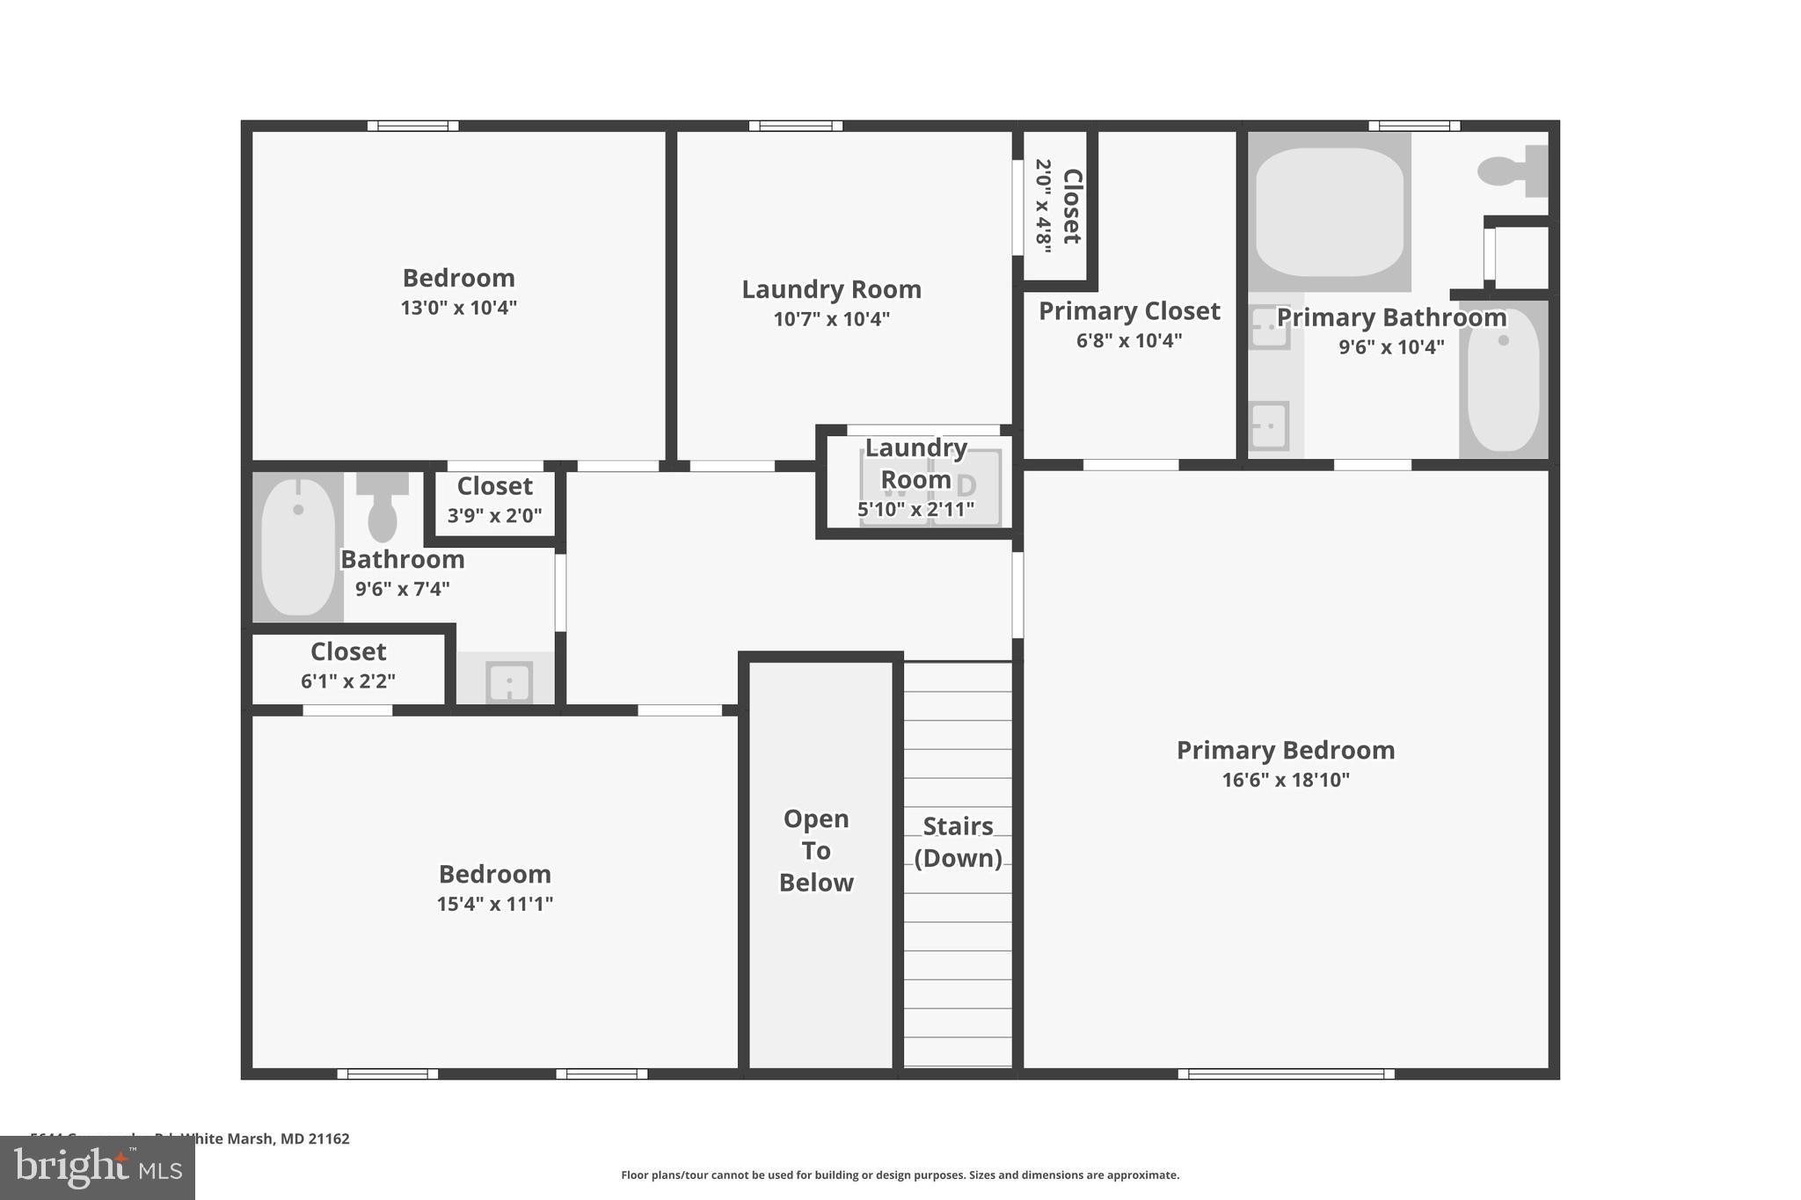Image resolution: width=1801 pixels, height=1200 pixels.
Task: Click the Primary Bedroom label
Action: (1285, 750)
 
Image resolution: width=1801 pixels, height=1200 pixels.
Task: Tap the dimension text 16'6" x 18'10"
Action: (1285, 780)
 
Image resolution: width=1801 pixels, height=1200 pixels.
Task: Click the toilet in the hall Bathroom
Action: (382, 510)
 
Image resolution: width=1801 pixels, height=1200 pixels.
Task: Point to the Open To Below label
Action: (816, 850)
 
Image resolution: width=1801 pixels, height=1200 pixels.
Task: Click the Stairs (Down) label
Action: (958, 842)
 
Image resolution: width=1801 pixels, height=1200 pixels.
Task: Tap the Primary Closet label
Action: (1129, 311)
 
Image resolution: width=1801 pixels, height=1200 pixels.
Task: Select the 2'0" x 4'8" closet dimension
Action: (1043, 206)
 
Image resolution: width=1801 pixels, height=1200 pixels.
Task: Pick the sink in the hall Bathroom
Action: (509, 682)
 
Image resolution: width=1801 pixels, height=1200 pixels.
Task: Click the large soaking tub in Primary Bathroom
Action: (1329, 211)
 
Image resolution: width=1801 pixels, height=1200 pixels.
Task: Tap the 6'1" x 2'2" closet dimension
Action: (348, 681)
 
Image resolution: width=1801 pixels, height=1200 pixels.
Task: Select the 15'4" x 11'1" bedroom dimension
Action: (494, 904)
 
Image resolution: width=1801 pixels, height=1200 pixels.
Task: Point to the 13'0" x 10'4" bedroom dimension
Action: (458, 308)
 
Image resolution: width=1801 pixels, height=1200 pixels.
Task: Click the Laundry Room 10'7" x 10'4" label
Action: (831, 290)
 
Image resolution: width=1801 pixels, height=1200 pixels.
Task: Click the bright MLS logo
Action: (98, 1167)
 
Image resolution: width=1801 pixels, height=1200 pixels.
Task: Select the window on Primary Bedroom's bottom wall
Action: (1285, 1073)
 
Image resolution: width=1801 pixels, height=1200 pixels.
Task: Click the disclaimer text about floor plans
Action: (900, 1175)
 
